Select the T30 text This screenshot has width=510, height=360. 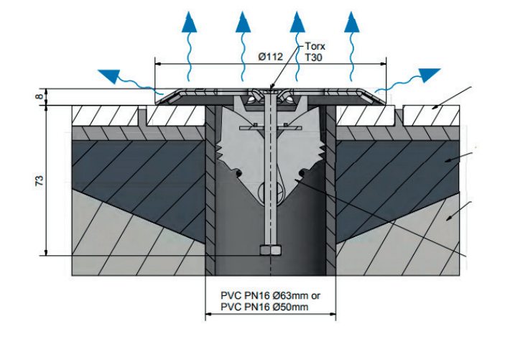(x=312, y=56)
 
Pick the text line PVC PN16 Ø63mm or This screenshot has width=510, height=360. (x=270, y=295)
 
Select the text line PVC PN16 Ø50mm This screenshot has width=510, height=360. (x=264, y=307)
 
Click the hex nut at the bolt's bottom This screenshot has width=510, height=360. (x=270, y=251)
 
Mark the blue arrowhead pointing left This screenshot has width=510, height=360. (x=111, y=75)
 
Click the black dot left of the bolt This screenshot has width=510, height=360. (x=238, y=172)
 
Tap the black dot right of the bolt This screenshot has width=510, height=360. (x=303, y=172)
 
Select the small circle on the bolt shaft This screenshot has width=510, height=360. (x=270, y=193)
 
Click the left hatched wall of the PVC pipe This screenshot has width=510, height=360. (x=211, y=194)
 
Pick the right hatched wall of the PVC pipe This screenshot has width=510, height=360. (x=331, y=194)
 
